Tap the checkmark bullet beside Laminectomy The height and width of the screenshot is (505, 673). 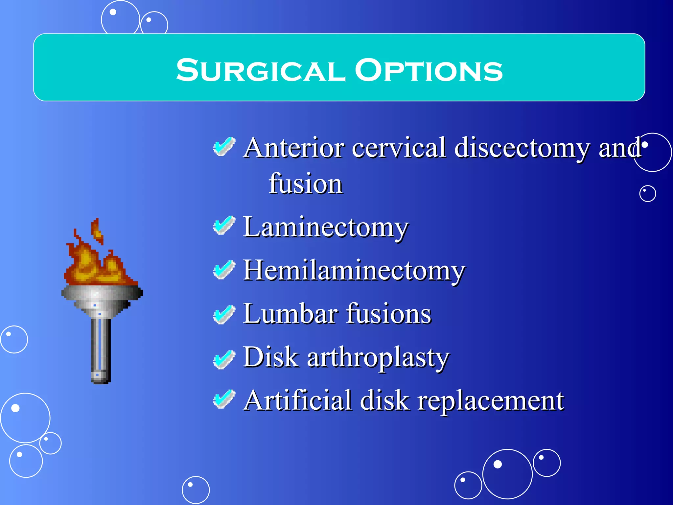(224, 226)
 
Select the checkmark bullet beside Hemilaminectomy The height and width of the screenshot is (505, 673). (224, 270)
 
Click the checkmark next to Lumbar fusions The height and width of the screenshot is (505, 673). (224, 314)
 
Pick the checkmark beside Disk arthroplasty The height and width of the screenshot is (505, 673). (224, 359)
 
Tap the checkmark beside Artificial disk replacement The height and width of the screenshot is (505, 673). (224, 399)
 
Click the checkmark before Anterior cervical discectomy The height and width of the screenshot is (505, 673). (224, 146)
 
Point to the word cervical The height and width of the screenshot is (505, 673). (399, 148)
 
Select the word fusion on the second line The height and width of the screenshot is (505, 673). (306, 184)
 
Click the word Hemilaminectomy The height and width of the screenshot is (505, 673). (354, 271)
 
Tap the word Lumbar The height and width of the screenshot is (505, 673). (290, 314)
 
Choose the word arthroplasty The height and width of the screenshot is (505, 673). (378, 358)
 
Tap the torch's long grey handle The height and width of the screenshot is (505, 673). (101, 349)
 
